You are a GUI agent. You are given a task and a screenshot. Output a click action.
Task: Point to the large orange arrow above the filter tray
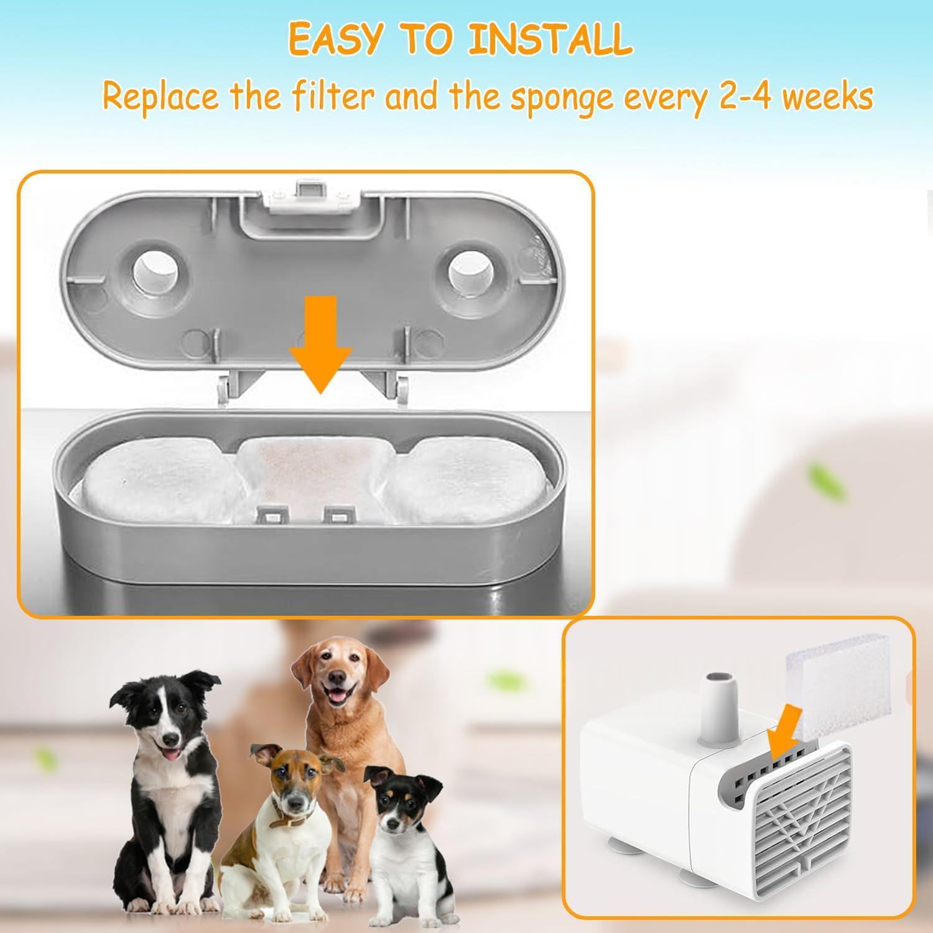(x=320, y=343)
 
